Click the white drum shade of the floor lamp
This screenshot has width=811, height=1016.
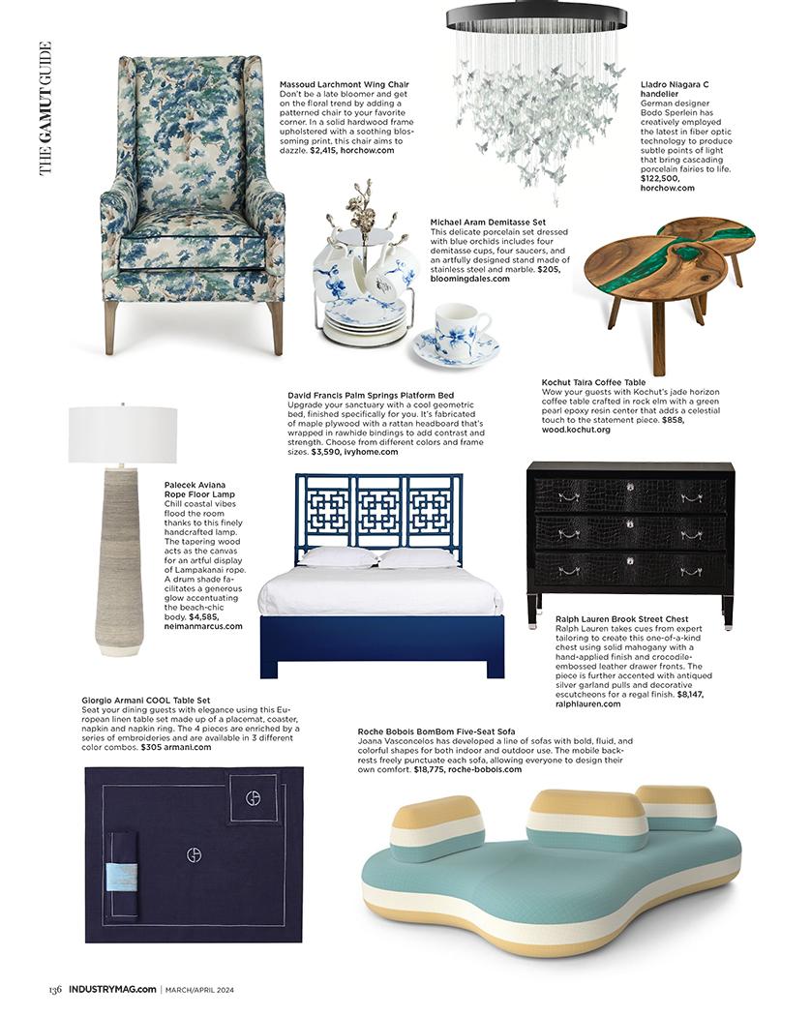122,434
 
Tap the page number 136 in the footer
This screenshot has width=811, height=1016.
56,988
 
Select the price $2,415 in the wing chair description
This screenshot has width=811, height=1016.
328,151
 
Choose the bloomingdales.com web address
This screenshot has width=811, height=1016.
469,279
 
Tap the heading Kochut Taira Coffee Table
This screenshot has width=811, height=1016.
593,382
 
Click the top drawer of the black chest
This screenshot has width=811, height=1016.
630,496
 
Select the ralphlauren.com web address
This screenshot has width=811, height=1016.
588,703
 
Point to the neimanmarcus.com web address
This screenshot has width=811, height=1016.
203,626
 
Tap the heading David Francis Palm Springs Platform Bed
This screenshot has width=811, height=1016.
371,395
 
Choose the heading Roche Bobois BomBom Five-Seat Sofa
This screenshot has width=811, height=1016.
436,732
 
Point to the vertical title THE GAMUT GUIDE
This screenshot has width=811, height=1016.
45,108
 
